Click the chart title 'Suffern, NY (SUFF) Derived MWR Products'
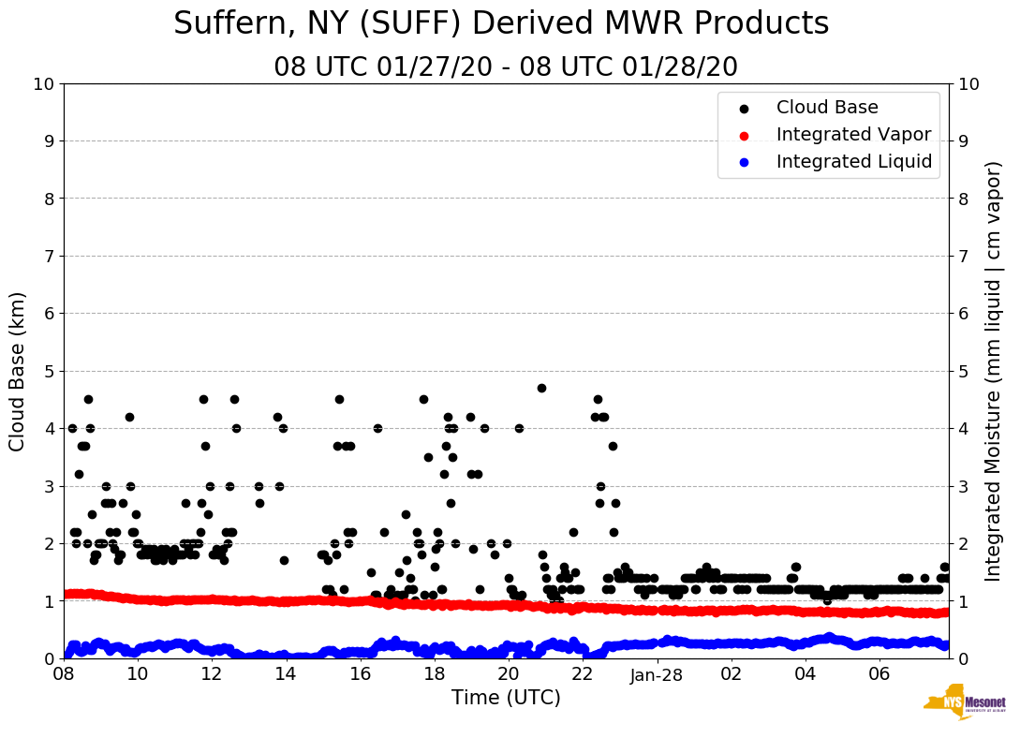click(x=501, y=23)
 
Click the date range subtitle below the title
click(x=506, y=67)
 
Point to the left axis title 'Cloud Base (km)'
click(x=18, y=371)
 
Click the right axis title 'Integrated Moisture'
click(x=994, y=371)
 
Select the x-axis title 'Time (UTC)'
click(x=506, y=698)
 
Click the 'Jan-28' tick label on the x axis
click(x=657, y=674)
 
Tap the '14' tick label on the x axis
click(x=286, y=674)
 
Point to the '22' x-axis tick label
click(x=583, y=674)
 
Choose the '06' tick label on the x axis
click(x=879, y=674)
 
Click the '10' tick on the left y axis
click(x=43, y=84)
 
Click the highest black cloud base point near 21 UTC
click(x=541, y=388)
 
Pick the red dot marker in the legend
click(x=744, y=135)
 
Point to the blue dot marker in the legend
click(x=744, y=162)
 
